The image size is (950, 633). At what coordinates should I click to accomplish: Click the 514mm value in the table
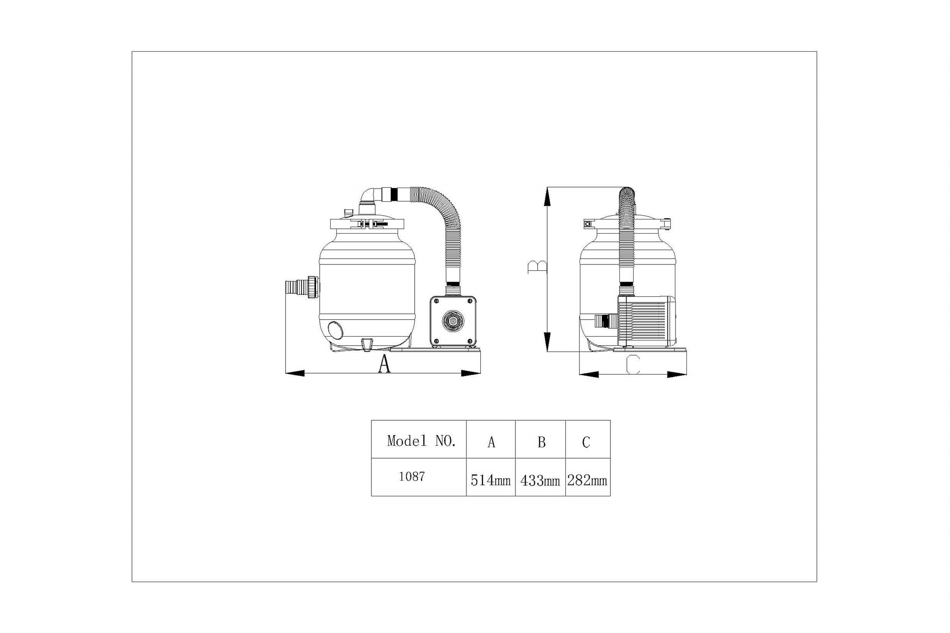click(x=491, y=481)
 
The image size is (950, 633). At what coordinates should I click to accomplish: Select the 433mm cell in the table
click(x=540, y=481)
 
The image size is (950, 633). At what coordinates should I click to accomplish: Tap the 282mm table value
click(x=587, y=481)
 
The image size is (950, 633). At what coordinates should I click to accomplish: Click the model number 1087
click(x=412, y=477)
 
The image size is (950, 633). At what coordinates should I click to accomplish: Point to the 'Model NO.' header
click(x=422, y=441)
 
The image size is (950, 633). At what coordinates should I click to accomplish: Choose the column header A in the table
click(x=492, y=443)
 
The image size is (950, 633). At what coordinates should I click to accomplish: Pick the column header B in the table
click(x=541, y=443)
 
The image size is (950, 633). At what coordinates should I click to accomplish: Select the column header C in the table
click(x=586, y=443)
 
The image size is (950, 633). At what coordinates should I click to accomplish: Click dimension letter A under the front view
click(x=384, y=364)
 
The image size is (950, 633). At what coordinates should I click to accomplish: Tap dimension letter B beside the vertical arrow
click(x=537, y=267)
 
